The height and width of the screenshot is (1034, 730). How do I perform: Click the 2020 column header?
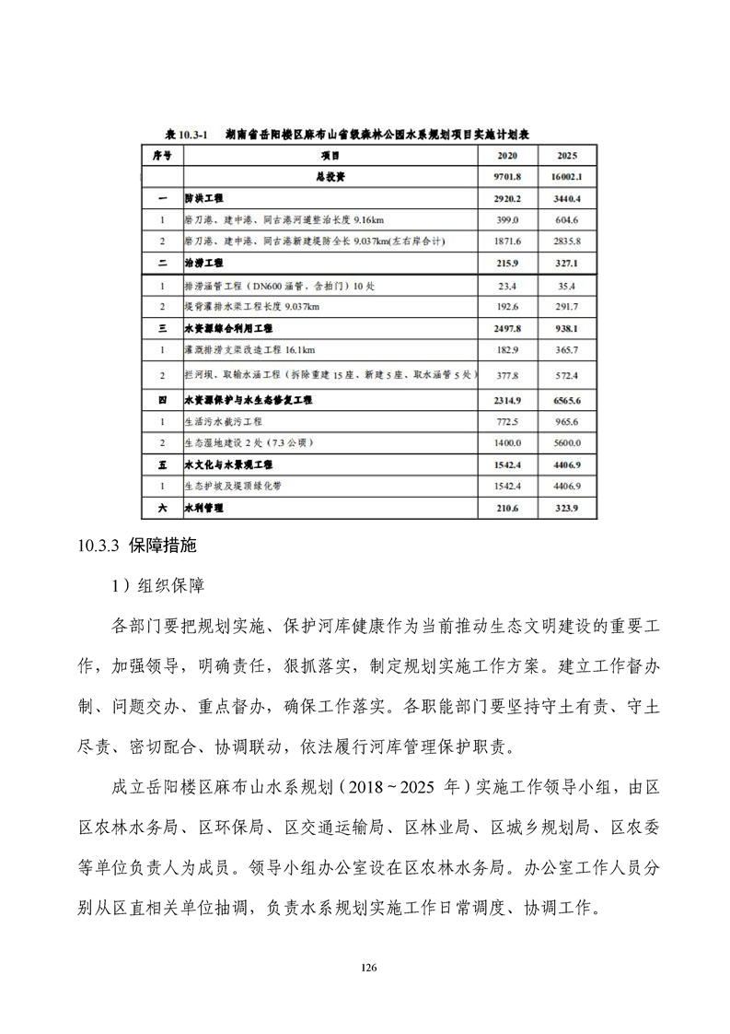point(507,156)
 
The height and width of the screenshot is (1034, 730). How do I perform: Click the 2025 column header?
point(562,156)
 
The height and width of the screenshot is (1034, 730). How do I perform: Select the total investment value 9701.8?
point(507,176)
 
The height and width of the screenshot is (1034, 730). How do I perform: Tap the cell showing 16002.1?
point(562,176)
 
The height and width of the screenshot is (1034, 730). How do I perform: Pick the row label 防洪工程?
point(203,198)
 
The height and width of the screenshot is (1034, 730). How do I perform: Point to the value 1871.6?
point(507,241)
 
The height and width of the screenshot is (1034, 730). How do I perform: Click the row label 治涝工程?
point(203,264)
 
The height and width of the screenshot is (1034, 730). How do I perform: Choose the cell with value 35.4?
point(562,286)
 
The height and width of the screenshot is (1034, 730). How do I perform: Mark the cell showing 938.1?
point(562,328)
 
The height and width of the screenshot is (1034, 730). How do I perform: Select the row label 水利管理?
point(203,508)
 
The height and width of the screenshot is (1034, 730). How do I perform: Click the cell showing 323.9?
point(562,508)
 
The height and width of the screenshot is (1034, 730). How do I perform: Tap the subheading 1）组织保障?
point(157,585)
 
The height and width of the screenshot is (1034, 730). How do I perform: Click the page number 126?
point(368,968)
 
